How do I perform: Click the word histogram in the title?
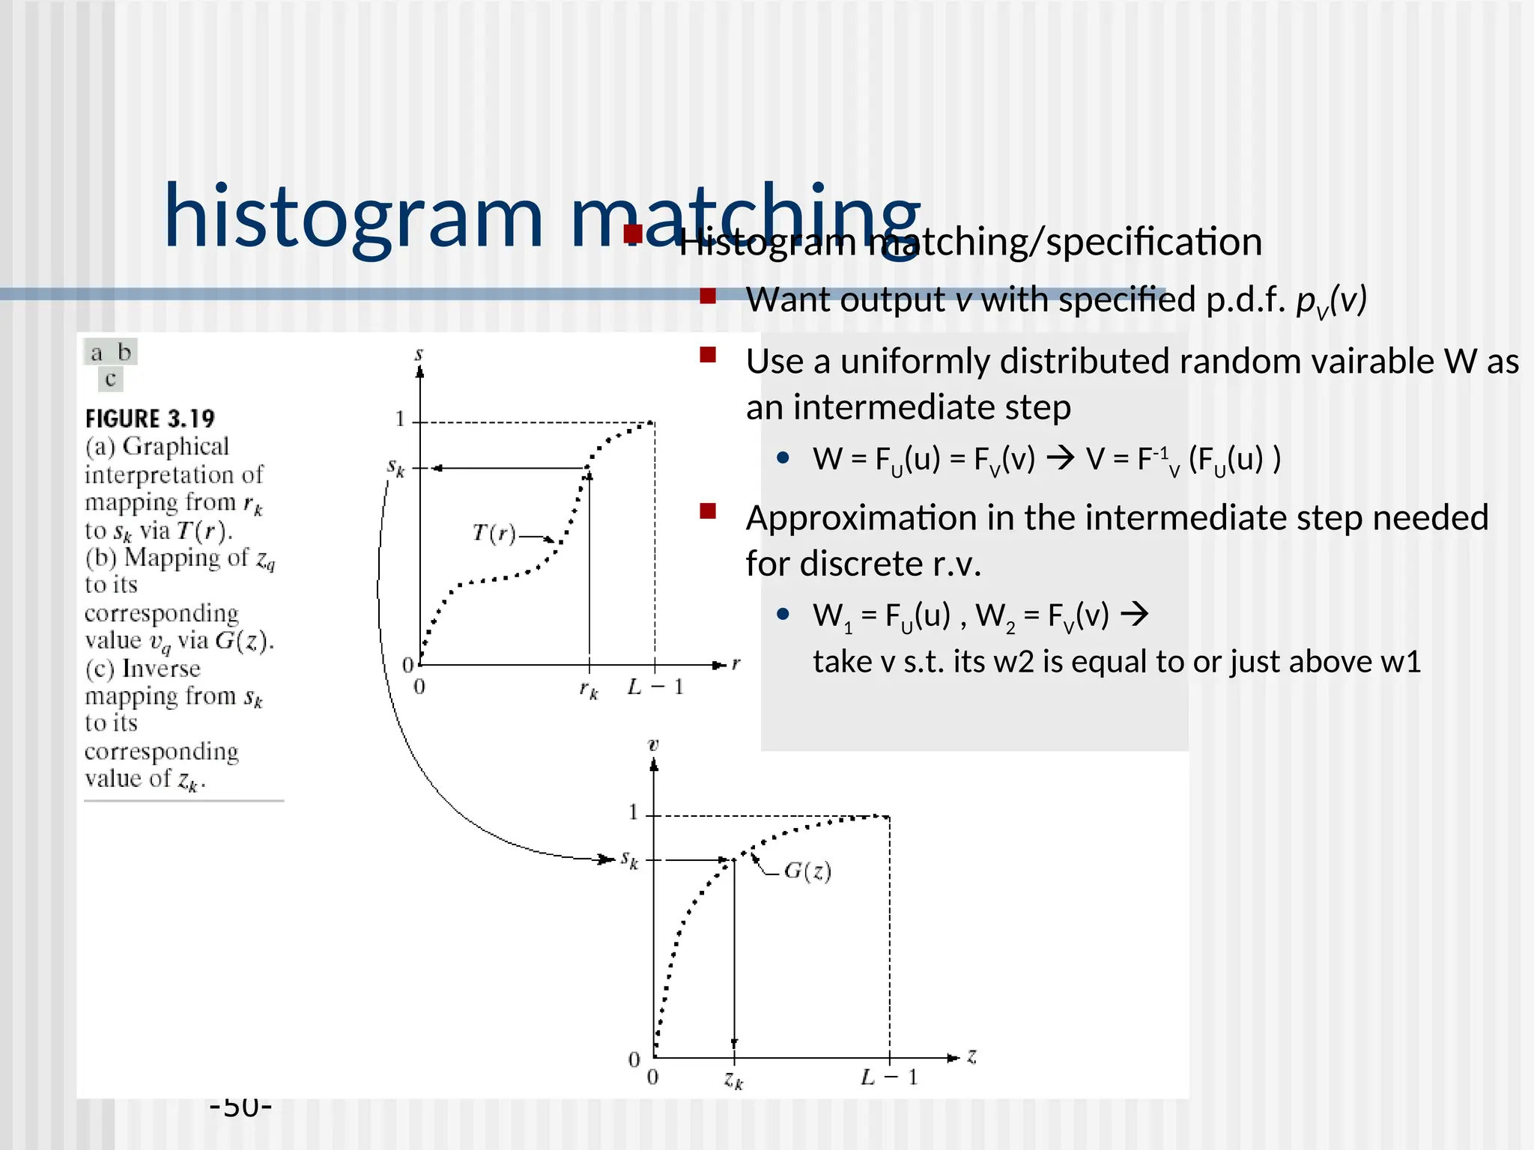click(352, 217)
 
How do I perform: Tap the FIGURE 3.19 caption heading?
click(150, 419)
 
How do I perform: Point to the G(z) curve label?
click(807, 871)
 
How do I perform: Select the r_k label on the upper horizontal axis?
click(589, 690)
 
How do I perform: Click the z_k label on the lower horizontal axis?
click(733, 1080)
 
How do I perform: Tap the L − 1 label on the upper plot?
click(656, 687)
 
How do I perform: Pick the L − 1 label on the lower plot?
click(889, 1077)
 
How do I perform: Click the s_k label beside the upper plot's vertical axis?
click(395, 468)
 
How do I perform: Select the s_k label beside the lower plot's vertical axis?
click(629, 860)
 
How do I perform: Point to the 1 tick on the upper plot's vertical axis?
click(400, 419)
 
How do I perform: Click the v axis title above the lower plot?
click(653, 745)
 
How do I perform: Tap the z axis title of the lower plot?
click(971, 1056)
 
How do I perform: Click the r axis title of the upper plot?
click(736, 663)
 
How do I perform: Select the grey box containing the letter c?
click(111, 380)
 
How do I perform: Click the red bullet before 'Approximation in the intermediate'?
click(708, 511)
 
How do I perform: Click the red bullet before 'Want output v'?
click(708, 296)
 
